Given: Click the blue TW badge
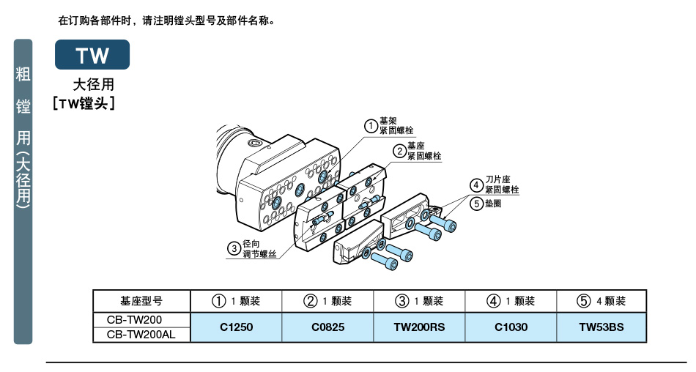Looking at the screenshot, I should click(92, 55).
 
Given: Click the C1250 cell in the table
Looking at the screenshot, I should click(236, 327).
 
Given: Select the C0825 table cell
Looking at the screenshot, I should click(327, 327).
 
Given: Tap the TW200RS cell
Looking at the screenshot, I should click(419, 327).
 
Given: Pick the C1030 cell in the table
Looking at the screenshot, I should click(511, 327).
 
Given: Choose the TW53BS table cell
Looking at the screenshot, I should click(601, 327).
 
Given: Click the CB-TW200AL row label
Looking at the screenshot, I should click(141, 335).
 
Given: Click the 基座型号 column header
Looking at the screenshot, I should click(141, 301).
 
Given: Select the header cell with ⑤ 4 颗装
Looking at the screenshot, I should click(601, 301).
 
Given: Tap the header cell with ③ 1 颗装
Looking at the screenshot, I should click(419, 301).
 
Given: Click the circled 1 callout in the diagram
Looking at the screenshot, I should click(371, 125).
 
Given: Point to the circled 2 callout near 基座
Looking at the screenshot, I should click(399, 151).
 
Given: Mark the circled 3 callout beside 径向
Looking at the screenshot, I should click(234, 249).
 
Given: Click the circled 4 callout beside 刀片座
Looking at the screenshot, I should click(476, 184).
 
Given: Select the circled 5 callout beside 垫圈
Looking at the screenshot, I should click(476, 204).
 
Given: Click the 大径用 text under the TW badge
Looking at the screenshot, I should click(93, 85).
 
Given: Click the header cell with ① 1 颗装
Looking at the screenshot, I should click(236, 301).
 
